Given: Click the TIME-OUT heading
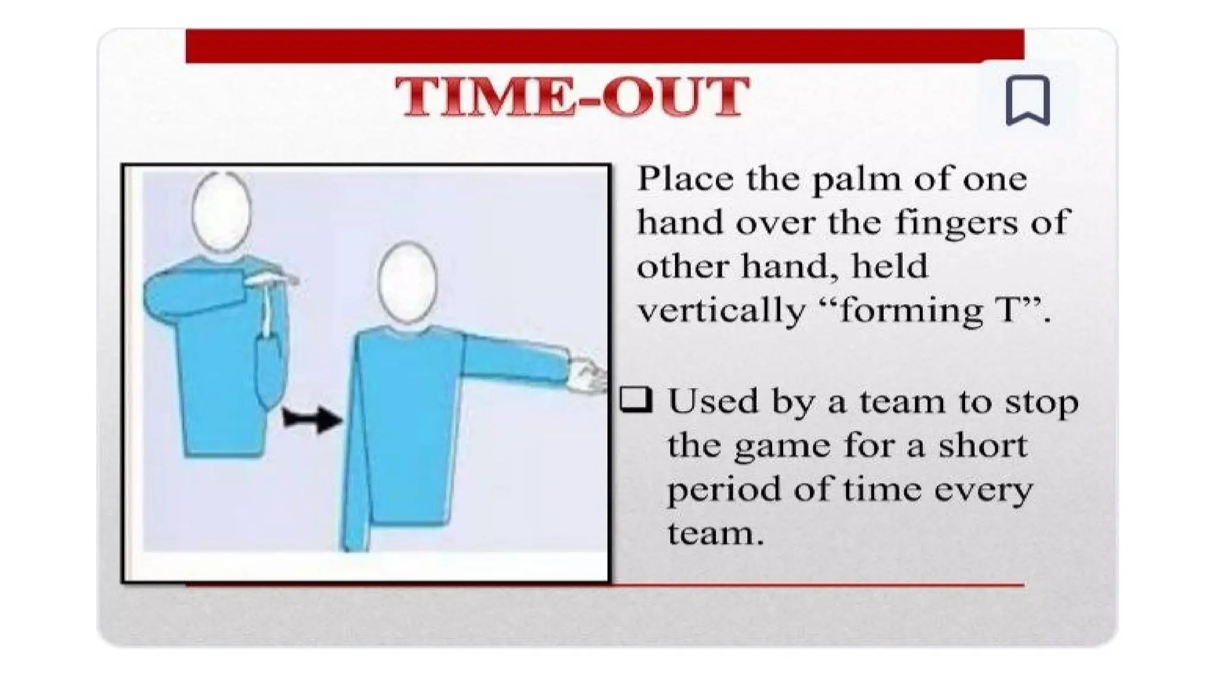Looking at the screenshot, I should point(572,96).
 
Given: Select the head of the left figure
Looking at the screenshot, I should point(222,211).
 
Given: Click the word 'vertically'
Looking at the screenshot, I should point(721,310).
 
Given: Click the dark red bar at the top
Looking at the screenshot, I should point(604,45).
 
